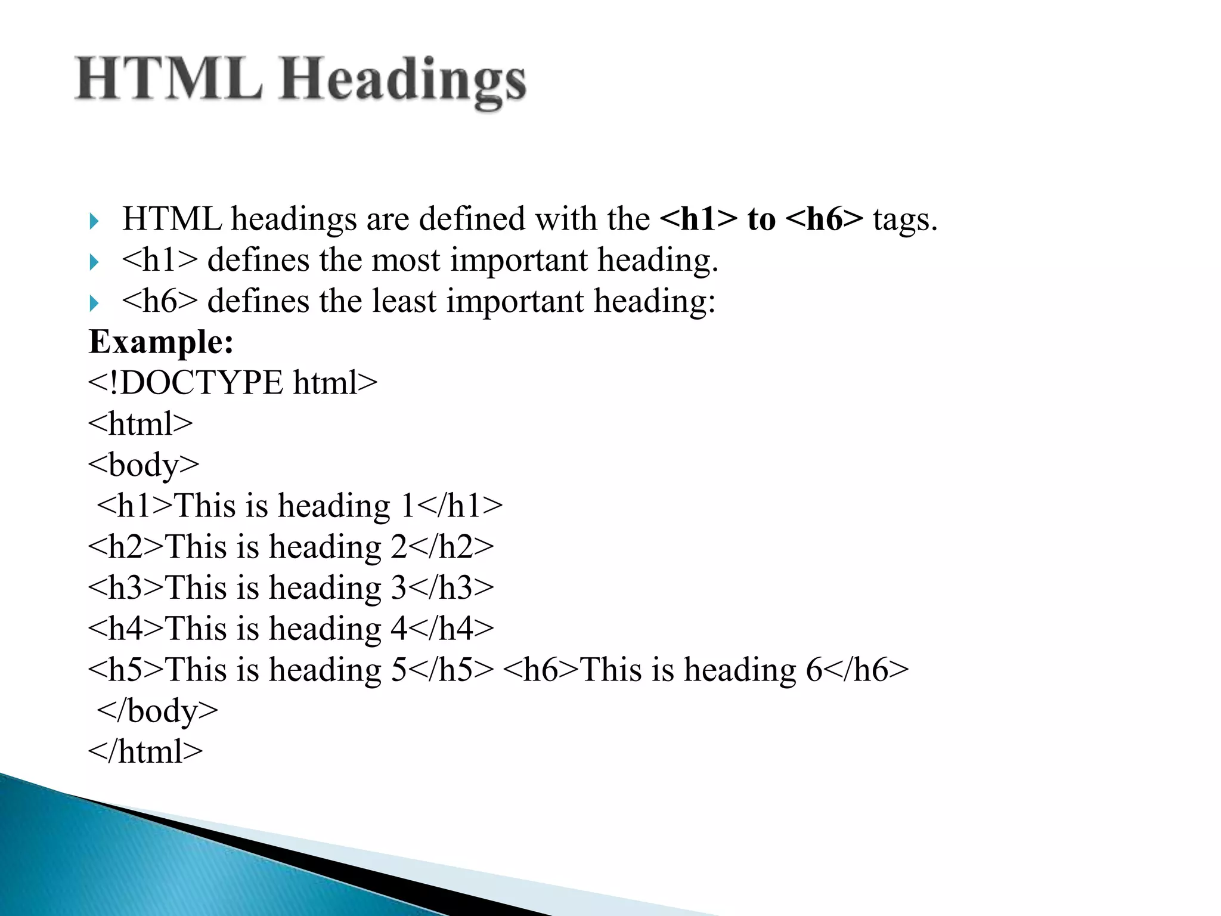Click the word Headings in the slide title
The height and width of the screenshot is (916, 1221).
click(403, 81)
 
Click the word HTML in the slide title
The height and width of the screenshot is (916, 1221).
click(169, 79)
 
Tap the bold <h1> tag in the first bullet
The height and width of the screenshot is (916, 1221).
click(698, 219)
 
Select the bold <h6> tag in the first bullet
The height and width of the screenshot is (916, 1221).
click(824, 219)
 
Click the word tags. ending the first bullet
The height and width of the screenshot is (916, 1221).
click(905, 219)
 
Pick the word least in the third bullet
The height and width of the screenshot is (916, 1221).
click(404, 301)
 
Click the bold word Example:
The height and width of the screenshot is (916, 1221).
click(161, 342)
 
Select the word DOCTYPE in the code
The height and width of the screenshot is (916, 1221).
click(202, 383)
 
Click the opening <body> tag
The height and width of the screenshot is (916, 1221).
click(144, 465)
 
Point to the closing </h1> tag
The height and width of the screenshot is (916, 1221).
click(460, 506)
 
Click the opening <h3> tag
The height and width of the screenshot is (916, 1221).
click(126, 587)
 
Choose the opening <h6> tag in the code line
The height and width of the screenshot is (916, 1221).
click(541, 670)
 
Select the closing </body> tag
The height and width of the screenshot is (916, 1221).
click(157, 711)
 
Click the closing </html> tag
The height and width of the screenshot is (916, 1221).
click(145, 751)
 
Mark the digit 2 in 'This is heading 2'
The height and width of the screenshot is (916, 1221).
click(398, 547)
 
